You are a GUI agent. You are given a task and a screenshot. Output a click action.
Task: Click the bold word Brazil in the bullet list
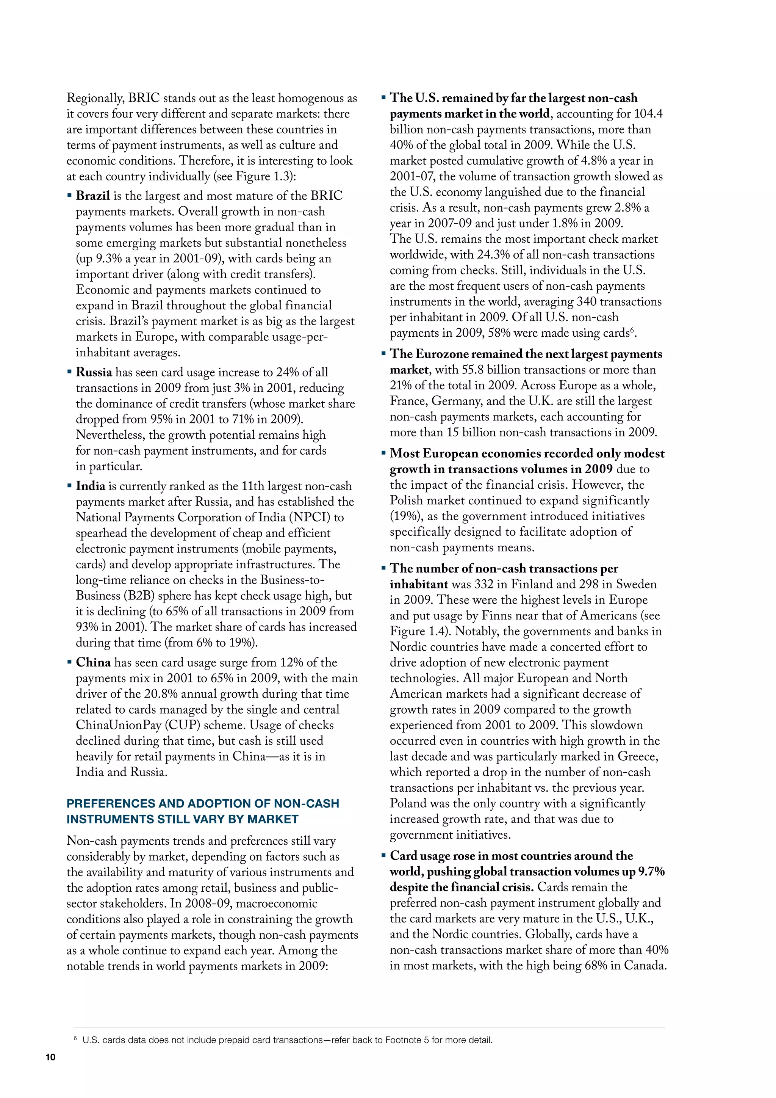(93, 196)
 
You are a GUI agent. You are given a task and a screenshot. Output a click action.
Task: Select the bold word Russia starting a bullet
(94, 372)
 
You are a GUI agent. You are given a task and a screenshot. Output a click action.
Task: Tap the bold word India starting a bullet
(90, 486)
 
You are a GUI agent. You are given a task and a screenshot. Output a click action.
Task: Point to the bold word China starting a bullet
(93, 662)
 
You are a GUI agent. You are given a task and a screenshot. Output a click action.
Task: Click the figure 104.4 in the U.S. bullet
(648, 114)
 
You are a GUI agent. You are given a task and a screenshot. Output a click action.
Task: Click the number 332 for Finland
(483, 584)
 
